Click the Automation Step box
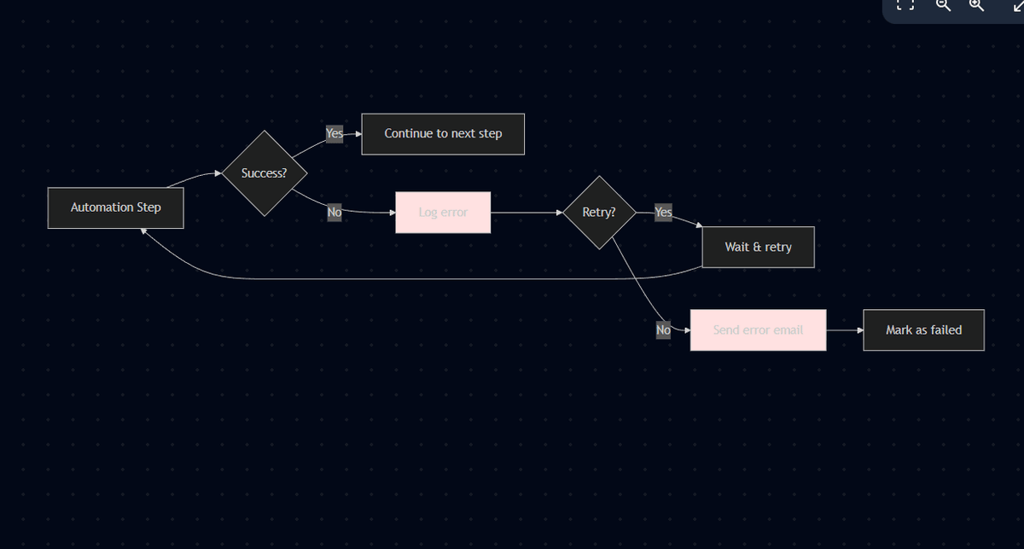(x=115, y=207)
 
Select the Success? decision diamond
(x=264, y=173)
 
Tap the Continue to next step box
(x=443, y=134)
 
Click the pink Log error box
(x=443, y=212)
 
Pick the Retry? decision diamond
(x=599, y=213)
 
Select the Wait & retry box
(x=758, y=247)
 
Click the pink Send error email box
(x=758, y=330)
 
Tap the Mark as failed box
(x=923, y=330)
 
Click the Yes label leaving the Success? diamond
(x=335, y=134)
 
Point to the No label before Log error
(x=335, y=213)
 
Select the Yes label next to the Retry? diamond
(x=663, y=213)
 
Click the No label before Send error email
(x=663, y=330)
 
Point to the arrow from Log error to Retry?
(x=526, y=212)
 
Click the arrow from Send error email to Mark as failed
(x=844, y=330)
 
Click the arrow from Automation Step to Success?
(x=195, y=178)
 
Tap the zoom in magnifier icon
(x=976, y=5)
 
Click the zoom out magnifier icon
(x=943, y=5)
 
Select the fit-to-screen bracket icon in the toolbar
(x=906, y=5)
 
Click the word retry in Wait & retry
(x=777, y=247)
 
